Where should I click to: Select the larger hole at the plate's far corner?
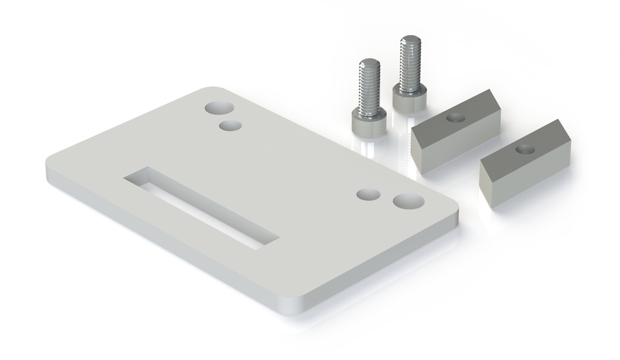click(219, 108)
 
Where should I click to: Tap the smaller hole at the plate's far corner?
click(230, 126)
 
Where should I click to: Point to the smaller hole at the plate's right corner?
click(368, 195)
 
